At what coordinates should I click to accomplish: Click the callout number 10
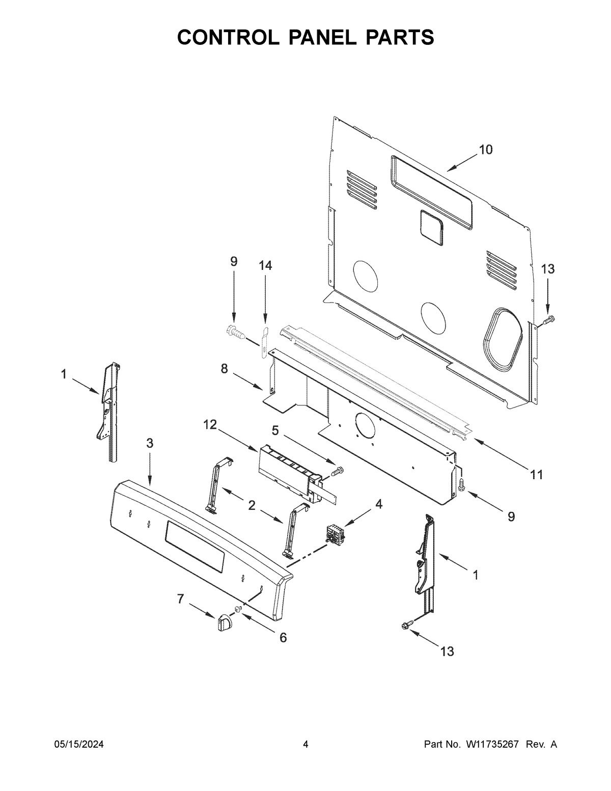coord(485,150)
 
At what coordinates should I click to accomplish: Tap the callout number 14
coord(265,265)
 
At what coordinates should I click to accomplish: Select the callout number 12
coord(210,424)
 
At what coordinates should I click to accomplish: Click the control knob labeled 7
coord(224,622)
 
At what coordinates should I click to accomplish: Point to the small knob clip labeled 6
coord(238,610)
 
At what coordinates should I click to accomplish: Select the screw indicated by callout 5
coord(337,471)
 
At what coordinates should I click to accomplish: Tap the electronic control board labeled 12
coord(288,469)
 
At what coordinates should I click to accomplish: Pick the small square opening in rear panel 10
coord(432,225)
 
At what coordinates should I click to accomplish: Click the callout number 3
coord(149,443)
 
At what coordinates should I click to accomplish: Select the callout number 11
coord(536,475)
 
